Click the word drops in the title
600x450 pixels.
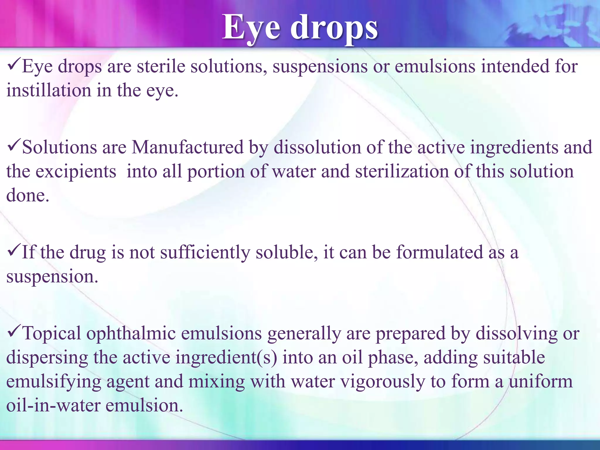click(x=334, y=28)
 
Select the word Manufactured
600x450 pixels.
click(x=187, y=147)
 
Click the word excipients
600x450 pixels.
click(x=76, y=171)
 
